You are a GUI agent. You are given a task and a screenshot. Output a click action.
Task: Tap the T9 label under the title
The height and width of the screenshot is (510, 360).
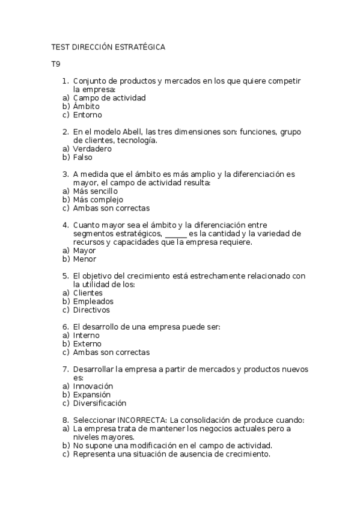coord(56,64)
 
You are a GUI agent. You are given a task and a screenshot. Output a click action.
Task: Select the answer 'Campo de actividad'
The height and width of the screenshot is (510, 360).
coord(109,97)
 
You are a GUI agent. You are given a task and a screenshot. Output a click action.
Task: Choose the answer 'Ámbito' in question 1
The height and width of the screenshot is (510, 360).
coord(86,106)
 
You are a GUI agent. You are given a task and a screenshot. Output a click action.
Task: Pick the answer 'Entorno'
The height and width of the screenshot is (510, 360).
coord(87,115)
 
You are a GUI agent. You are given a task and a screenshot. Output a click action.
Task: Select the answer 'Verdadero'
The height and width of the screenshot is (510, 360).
coord(92,149)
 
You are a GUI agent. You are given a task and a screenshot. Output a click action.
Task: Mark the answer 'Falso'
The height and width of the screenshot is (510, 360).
coord(82,157)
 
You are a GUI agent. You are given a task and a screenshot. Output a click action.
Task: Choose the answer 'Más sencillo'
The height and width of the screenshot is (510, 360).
coord(95,191)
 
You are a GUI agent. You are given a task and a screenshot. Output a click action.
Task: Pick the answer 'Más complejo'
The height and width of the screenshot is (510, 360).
coord(98,200)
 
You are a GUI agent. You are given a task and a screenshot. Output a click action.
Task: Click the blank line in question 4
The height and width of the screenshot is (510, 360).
coord(175,234)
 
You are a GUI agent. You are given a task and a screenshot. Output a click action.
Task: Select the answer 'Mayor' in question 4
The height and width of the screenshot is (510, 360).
coord(84,250)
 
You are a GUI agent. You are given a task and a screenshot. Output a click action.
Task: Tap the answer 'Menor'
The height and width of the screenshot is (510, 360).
coord(84,259)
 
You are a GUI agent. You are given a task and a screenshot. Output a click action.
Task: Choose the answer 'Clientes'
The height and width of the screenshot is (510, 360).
coord(88,293)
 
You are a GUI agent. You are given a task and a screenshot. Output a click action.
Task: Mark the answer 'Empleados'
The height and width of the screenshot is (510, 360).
coord(93,301)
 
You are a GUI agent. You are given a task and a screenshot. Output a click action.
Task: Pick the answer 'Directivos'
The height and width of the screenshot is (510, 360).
coord(91,310)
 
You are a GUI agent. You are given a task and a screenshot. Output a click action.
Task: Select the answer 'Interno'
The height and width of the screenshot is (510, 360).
coord(87,335)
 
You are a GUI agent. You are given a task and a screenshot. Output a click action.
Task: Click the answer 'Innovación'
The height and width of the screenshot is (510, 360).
coord(93,386)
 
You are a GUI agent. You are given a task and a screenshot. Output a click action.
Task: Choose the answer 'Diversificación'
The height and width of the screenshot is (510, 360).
coord(100,403)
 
